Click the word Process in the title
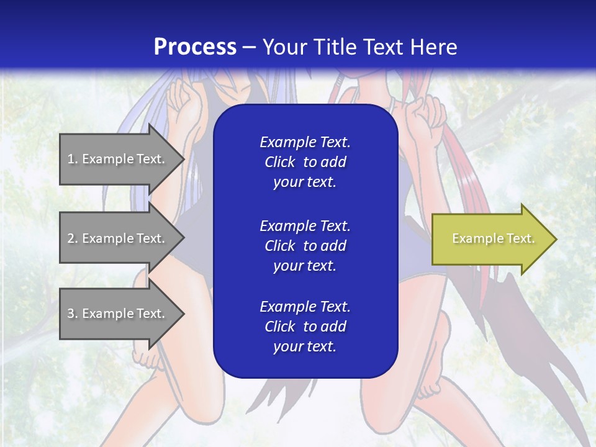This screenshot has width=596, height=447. (195, 47)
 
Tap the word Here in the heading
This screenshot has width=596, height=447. (433, 47)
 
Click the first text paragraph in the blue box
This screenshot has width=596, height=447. (305, 162)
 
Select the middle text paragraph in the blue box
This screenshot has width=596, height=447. (305, 246)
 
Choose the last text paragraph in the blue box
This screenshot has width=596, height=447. (305, 327)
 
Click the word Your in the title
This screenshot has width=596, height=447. (284, 47)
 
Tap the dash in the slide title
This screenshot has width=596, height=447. (250, 47)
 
